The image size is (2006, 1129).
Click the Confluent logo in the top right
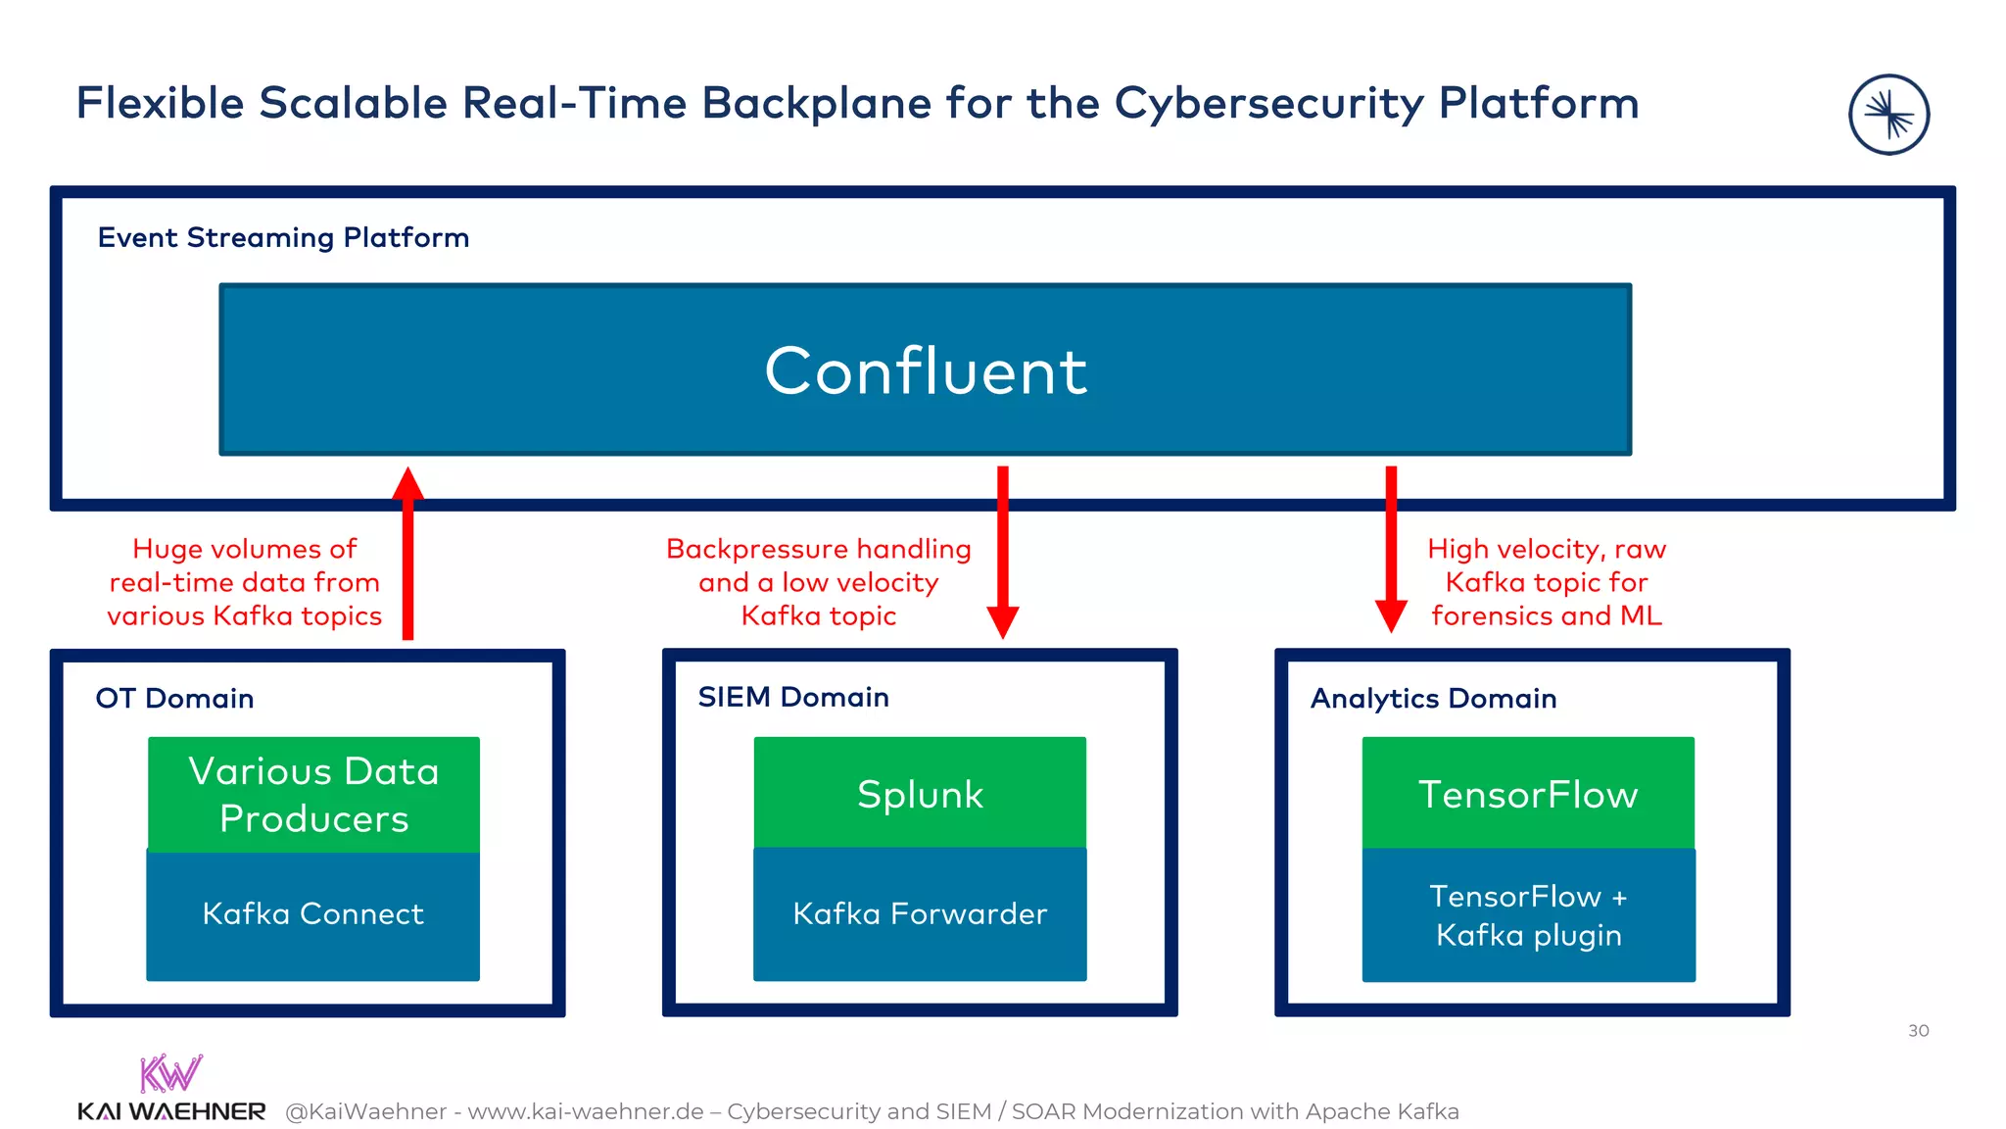(x=1888, y=115)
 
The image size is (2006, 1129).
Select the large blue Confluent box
(x=925, y=369)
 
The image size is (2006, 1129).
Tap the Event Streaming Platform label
(x=283, y=237)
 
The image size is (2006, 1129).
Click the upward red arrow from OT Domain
(x=407, y=554)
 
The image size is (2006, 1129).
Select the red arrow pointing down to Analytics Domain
(x=1391, y=549)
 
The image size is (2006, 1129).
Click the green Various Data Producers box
(x=313, y=794)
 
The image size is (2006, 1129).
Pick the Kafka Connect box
(x=313, y=914)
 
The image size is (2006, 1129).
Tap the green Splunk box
(x=920, y=793)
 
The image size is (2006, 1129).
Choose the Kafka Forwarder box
(x=920, y=914)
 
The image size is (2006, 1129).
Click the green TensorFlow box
(x=1528, y=793)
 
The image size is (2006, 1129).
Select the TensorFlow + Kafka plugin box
(x=1528, y=915)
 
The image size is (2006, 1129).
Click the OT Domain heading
(x=174, y=698)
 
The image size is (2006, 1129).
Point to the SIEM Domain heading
(x=793, y=697)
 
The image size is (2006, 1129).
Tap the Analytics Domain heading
(x=1433, y=698)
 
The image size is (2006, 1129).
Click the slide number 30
(x=1918, y=1030)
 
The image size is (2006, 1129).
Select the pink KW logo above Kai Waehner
(x=170, y=1073)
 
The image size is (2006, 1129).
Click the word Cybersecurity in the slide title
(x=1269, y=104)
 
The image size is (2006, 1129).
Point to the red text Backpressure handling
(x=819, y=549)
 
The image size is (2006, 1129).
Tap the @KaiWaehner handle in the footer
(x=365, y=1111)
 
